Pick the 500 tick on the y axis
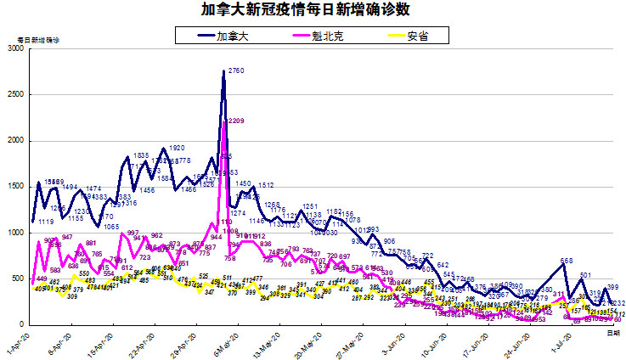(18, 278)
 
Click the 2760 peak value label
(236, 71)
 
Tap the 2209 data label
(236, 121)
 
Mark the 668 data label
(567, 261)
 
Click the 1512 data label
(266, 185)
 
